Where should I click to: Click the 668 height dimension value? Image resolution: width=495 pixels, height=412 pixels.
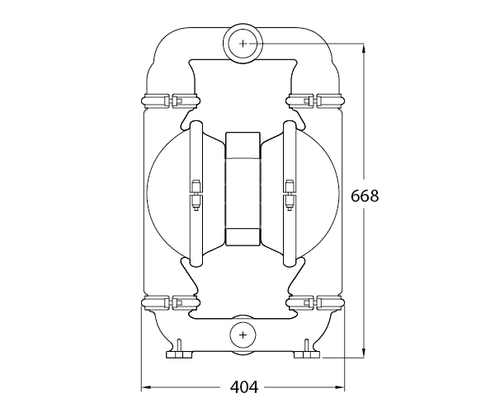365,196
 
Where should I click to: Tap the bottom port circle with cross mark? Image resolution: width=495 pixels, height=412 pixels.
243,335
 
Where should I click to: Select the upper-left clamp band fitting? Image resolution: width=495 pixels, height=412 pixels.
171,100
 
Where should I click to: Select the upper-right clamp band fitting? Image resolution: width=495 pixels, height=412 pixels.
314,100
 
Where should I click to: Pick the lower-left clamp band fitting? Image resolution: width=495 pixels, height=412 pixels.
171,303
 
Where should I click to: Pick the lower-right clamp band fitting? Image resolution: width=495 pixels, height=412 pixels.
314,303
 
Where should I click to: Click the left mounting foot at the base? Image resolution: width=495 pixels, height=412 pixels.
179,352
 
